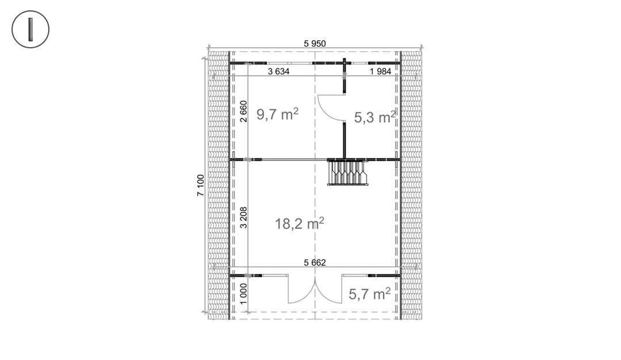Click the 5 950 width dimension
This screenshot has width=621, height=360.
(315, 44)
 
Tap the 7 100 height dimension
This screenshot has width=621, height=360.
(201, 185)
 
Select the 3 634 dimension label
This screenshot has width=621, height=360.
(279, 71)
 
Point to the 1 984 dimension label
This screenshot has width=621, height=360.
(381, 71)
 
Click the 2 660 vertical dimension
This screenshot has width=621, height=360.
(244, 112)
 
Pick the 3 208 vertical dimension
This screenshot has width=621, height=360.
(244, 217)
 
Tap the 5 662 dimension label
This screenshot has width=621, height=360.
(315, 263)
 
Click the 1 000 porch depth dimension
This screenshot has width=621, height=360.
(244, 294)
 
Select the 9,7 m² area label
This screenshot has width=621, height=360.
(277, 114)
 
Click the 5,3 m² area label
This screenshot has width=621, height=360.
(375, 117)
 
